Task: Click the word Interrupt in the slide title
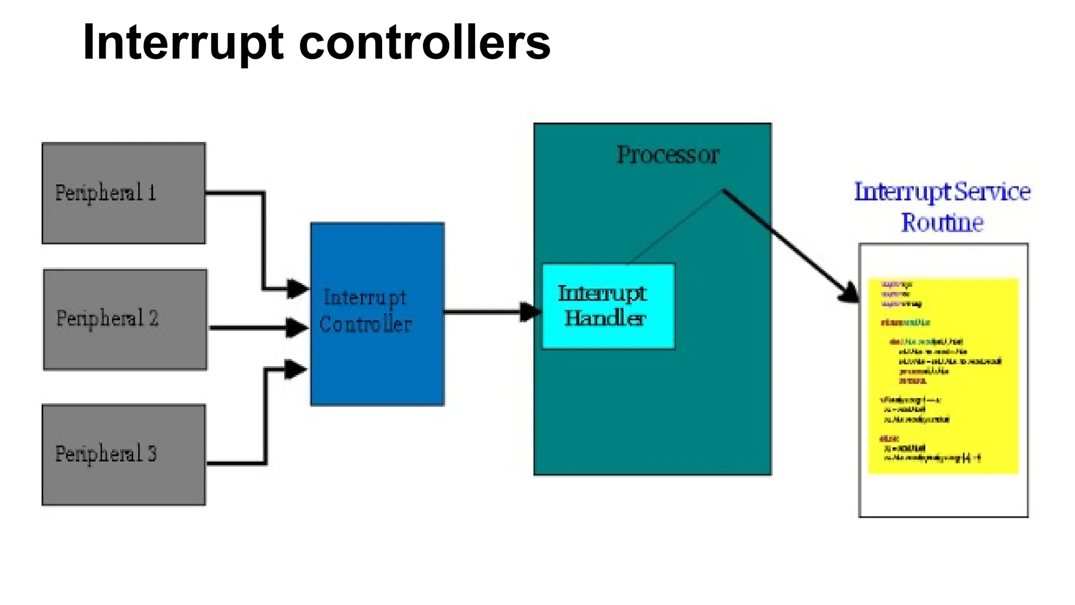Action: coord(183,43)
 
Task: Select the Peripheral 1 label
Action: coord(106,193)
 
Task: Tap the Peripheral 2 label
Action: coord(107,318)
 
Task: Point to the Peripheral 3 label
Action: coord(106,454)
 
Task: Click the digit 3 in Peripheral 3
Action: coord(152,454)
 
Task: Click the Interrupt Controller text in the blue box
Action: coord(365,311)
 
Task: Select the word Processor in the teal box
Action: coord(667,155)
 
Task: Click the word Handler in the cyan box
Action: coord(605,318)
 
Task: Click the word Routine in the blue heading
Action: coord(942,223)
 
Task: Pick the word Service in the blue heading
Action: coord(992,192)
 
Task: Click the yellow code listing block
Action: coord(943,375)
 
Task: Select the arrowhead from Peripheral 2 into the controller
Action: coord(297,328)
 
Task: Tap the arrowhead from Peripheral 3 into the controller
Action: coord(296,369)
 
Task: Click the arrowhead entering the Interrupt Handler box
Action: coord(530,312)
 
